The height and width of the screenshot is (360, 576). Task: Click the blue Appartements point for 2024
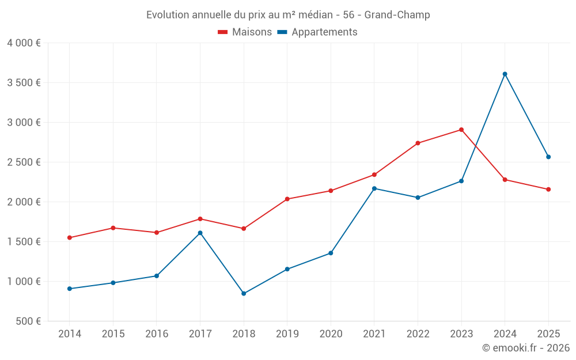pyautogui.click(x=505, y=74)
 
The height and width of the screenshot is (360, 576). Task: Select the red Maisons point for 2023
pyautogui.click(x=461, y=130)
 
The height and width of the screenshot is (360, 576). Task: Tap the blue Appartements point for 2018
pyautogui.click(x=244, y=294)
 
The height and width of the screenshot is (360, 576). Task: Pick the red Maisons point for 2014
pyautogui.click(x=70, y=238)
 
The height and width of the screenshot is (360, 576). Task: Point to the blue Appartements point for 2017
pyautogui.click(x=200, y=233)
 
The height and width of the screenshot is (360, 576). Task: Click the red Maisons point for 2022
pyautogui.click(x=418, y=143)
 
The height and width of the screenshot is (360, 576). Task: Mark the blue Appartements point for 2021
pyautogui.click(x=374, y=188)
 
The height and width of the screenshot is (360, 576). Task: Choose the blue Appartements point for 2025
pyautogui.click(x=548, y=157)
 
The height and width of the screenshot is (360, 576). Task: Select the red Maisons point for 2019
pyautogui.click(x=287, y=199)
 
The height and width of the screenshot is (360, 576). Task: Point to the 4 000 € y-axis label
pyautogui.click(x=24, y=43)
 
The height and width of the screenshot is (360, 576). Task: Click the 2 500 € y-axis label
pyautogui.click(x=24, y=162)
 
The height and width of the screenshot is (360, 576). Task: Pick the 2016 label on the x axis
pyautogui.click(x=157, y=334)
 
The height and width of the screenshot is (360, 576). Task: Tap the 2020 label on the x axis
pyautogui.click(x=331, y=334)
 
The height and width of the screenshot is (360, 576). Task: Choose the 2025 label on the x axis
pyautogui.click(x=548, y=334)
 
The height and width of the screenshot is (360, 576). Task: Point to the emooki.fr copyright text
pyautogui.click(x=526, y=348)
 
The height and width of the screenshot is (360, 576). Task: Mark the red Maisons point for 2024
pyautogui.click(x=505, y=180)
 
